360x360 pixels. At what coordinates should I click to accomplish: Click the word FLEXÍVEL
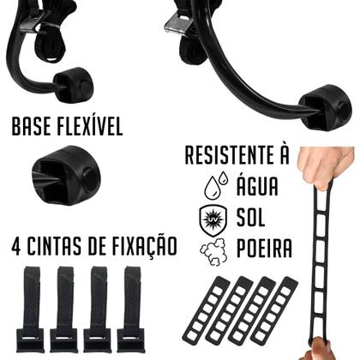pyautogui.click(x=89, y=128)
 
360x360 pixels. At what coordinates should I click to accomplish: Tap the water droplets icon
pyautogui.click(x=214, y=184)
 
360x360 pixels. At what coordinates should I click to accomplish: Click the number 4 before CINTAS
pyautogui.click(x=17, y=246)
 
